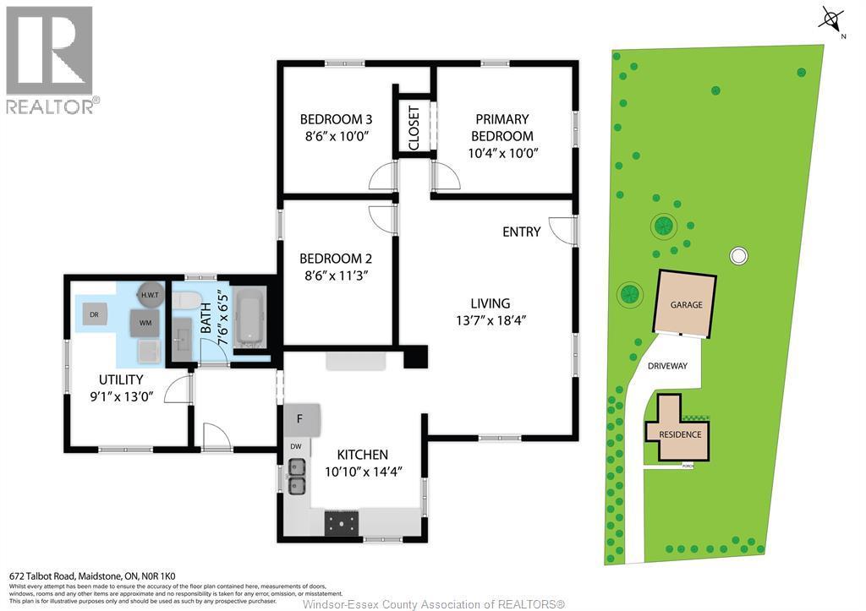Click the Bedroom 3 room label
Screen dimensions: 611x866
click(336, 119)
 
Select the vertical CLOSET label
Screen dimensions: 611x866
click(414, 128)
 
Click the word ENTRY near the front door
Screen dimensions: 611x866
click(521, 232)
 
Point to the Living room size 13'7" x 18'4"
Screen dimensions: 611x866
click(491, 320)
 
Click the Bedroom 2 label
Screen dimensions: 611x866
click(336, 259)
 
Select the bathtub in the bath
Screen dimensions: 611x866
click(249, 319)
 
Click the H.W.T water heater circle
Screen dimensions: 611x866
click(151, 294)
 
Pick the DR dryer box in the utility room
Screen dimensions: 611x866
click(94, 314)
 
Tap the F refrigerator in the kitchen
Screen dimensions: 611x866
click(299, 418)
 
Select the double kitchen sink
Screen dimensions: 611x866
click(297, 476)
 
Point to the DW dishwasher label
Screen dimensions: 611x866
click(295, 446)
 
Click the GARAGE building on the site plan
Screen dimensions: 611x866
click(686, 304)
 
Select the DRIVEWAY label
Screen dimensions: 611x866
click(667, 366)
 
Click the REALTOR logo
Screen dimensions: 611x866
click(52, 59)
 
